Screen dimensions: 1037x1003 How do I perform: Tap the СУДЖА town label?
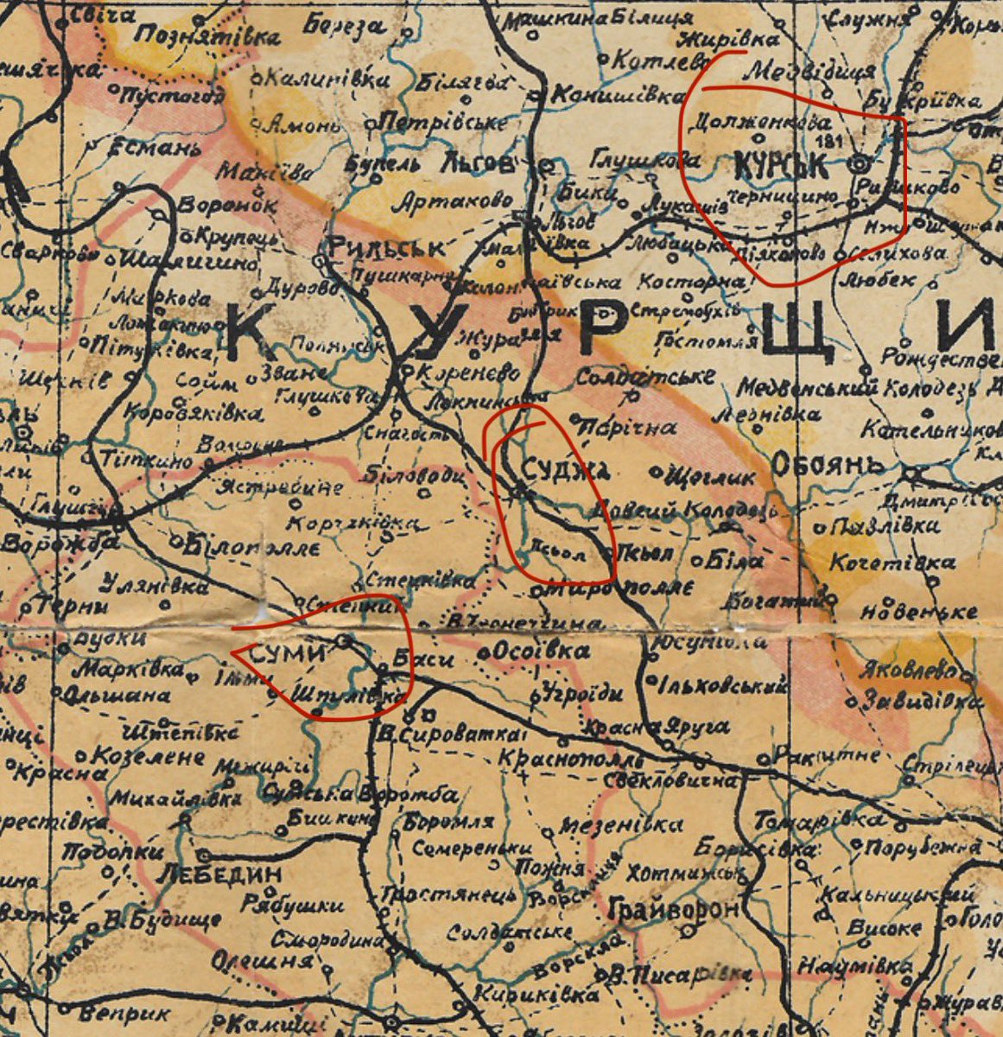pyautogui.click(x=566, y=470)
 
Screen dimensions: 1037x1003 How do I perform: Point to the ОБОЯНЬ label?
pyautogui.click(x=828, y=465)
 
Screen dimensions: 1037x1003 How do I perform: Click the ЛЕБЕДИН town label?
pyautogui.click(x=219, y=874)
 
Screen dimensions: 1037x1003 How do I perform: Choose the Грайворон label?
pyautogui.click(x=674, y=909)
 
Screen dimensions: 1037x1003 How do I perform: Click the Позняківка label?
pyautogui.click(x=208, y=37)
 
